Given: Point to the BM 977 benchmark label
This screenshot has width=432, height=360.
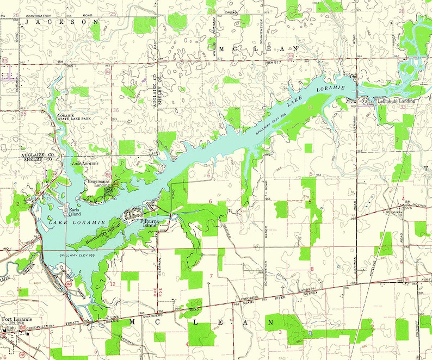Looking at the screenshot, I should [x=274, y=63].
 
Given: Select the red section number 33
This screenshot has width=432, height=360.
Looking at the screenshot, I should [x=403, y=108].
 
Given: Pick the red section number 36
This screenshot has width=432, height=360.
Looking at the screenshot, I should [x=115, y=110].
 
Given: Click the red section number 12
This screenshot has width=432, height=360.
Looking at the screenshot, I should [x=113, y=284].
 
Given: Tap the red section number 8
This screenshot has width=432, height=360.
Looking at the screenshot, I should [x=312, y=269].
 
